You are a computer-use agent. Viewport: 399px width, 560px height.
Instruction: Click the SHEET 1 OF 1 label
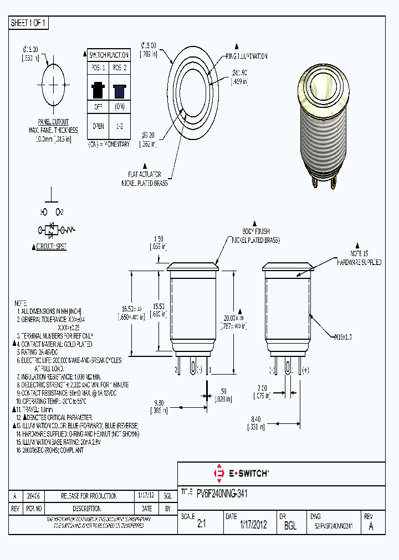point(29,23)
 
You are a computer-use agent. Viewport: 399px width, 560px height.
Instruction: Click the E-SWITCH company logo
point(241,473)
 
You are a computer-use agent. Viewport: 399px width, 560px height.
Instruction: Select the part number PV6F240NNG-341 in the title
point(222,491)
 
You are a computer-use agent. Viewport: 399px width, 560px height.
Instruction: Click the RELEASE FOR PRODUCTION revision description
point(81,496)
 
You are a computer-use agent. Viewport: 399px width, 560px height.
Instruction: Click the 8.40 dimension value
point(255,419)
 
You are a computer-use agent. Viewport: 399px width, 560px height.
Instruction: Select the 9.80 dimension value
point(158,403)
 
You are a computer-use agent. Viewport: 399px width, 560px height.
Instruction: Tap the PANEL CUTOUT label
point(53,122)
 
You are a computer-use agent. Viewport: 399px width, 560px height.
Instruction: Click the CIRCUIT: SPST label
point(52,246)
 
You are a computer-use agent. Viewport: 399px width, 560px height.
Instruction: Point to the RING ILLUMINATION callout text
point(246,56)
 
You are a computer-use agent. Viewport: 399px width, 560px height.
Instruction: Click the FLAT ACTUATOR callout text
point(145,174)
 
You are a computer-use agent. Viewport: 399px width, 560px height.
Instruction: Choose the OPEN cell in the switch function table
point(98,126)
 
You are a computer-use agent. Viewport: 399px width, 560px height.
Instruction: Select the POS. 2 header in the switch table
point(119,68)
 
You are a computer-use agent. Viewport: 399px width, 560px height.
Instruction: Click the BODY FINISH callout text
point(255,231)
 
